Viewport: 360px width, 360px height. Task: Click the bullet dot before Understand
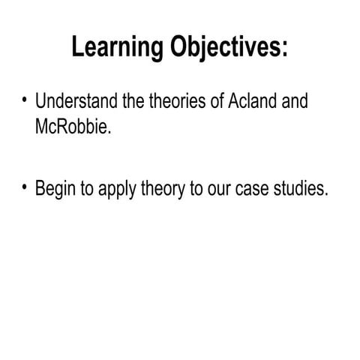click(x=25, y=100)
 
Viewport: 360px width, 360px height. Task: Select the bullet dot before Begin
click(x=25, y=187)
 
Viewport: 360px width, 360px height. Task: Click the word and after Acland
click(x=293, y=101)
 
